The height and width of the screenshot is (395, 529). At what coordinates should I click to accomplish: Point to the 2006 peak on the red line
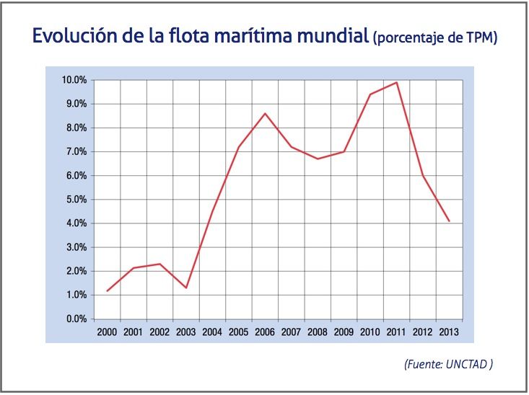coord(265,113)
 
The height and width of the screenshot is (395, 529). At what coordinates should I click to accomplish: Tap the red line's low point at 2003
coord(186,288)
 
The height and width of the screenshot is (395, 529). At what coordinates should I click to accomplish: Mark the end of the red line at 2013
coord(450,221)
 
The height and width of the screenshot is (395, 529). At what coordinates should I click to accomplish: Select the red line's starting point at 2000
coord(108,291)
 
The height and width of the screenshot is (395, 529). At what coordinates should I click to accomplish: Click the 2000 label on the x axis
coord(108,332)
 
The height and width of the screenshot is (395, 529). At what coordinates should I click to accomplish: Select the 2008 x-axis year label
coord(318,332)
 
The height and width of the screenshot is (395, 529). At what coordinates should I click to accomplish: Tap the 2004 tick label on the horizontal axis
coord(213,332)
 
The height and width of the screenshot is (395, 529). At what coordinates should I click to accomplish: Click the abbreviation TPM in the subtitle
coord(478,38)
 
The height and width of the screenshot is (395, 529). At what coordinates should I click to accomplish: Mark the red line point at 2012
coord(423,176)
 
